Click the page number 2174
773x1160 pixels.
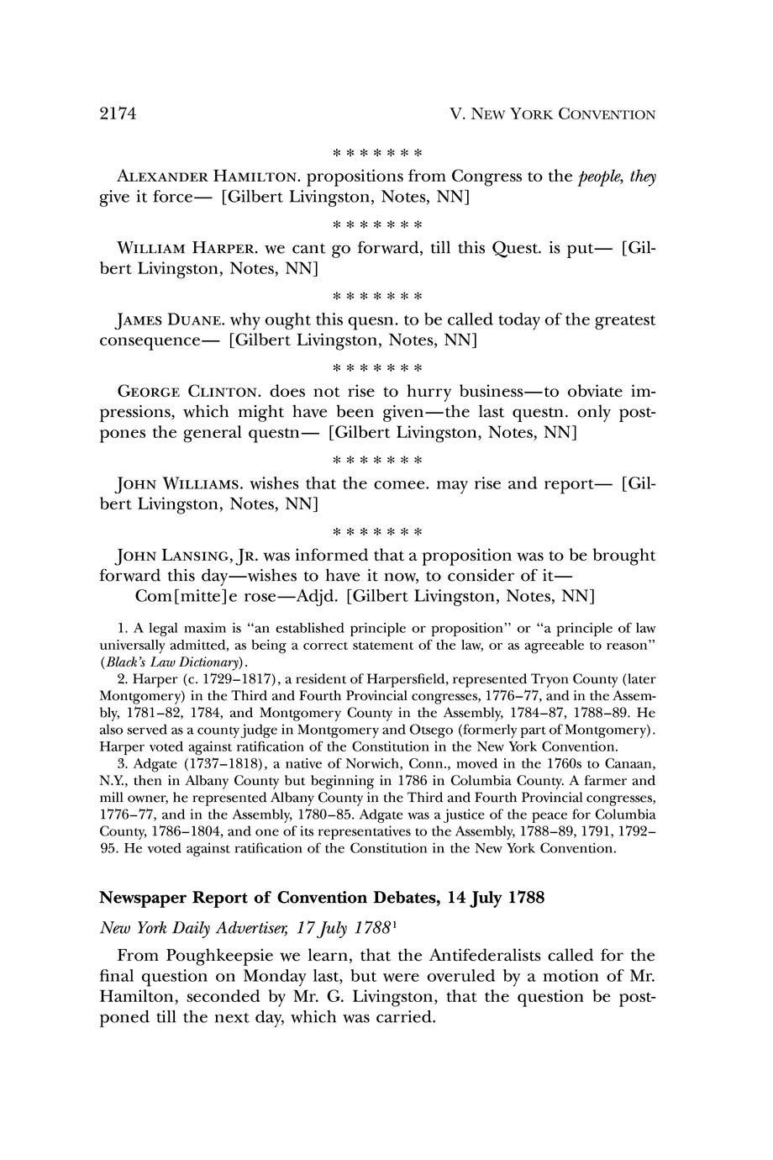point(118,113)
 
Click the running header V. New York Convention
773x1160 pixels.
point(553,114)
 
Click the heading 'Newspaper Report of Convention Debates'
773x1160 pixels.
point(268,898)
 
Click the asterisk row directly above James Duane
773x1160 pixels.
point(377,296)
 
